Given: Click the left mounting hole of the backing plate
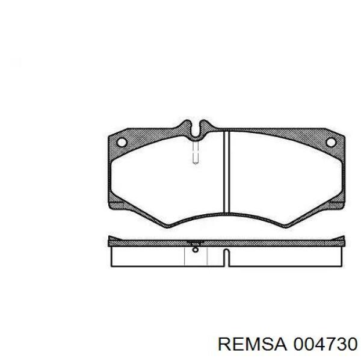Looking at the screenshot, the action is coord(122,142).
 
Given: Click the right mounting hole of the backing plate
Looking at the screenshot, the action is coord(331,142).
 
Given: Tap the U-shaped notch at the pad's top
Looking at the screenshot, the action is coord(196,131).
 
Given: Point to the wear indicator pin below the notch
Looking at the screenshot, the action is coord(196,152).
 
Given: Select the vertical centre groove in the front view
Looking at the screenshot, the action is coord(227,172).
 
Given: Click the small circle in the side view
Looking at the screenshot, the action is coord(196,249).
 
